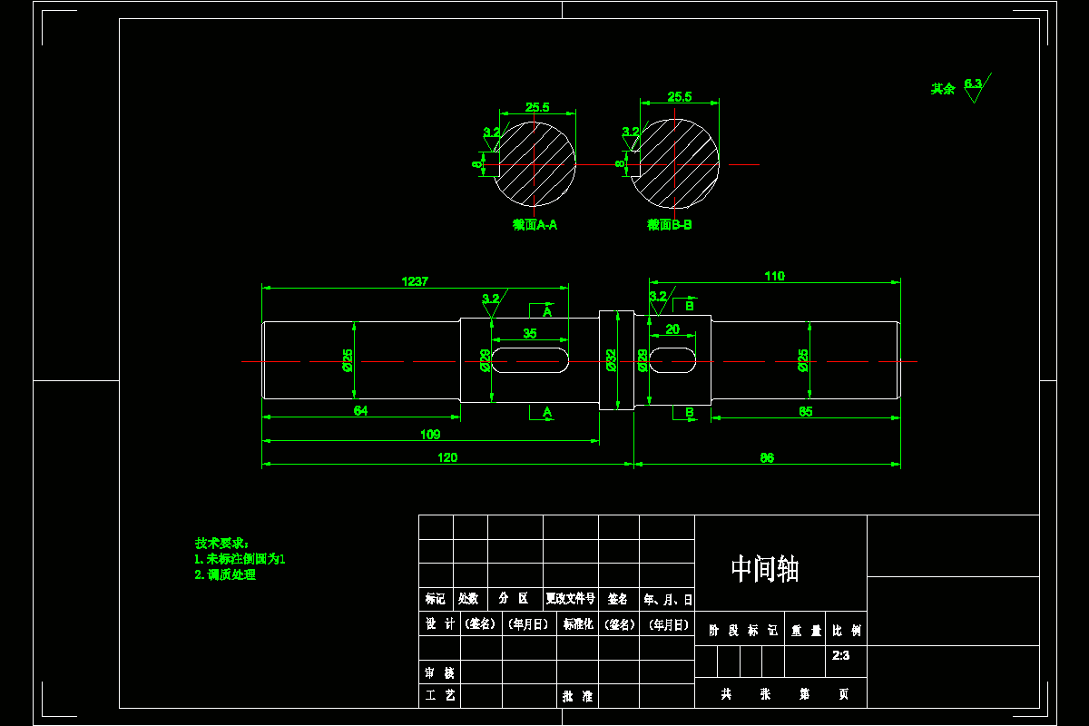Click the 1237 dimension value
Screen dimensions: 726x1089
point(415,281)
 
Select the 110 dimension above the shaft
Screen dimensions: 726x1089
point(774,276)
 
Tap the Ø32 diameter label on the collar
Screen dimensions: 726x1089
point(611,360)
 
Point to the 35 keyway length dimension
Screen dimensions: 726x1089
point(530,333)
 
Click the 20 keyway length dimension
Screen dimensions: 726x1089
point(672,329)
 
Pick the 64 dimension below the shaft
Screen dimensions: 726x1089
point(360,411)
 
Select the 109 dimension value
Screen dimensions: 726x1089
point(430,435)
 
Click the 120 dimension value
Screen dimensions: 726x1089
point(447,457)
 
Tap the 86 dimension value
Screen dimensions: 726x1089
point(767,457)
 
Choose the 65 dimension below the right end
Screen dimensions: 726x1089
point(806,411)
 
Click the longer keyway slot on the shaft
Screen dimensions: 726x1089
point(531,359)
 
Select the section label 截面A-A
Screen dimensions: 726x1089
point(535,225)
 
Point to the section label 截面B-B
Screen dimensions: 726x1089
point(670,225)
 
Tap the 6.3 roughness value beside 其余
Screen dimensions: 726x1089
point(973,83)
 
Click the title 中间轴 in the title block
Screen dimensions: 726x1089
point(765,569)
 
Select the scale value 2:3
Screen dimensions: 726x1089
point(840,654)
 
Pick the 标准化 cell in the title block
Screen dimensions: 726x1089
point(578,624)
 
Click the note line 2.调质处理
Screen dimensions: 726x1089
point(225,574)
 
